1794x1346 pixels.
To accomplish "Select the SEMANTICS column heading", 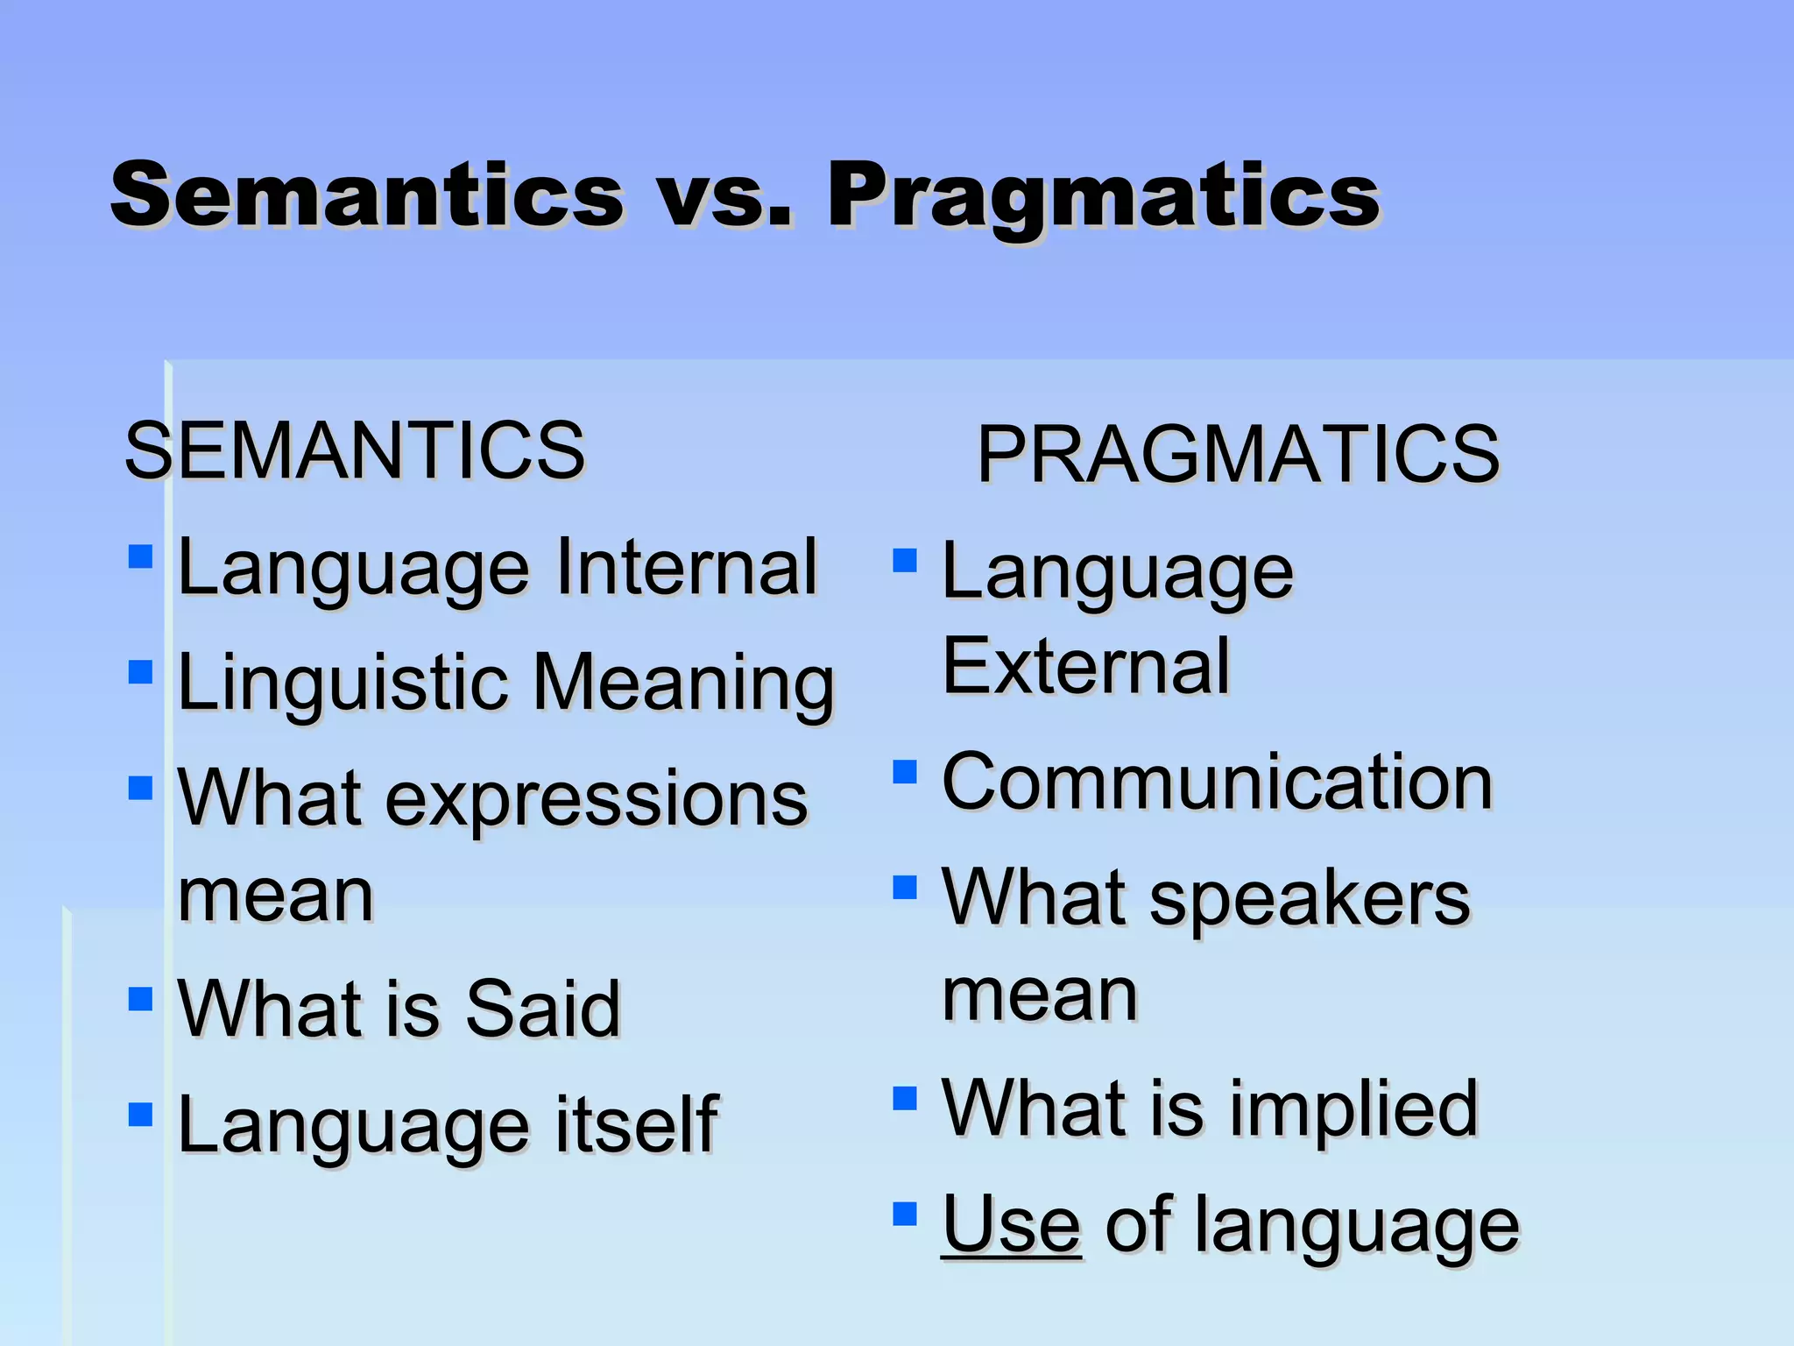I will coord(355,450).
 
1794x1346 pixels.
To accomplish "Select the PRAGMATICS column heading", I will coord(1238,454).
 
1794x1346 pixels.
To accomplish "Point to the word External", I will coord(1086,667).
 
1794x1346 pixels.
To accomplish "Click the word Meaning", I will coord(683,684).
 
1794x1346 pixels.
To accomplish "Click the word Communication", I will coord(1217,782).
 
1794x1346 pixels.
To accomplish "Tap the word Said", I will coord(542,1009).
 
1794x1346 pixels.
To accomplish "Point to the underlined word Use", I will coord(1011,1224).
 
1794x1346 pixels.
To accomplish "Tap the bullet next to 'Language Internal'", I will coord(140,557).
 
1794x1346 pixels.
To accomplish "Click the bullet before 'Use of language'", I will coord(904,1214).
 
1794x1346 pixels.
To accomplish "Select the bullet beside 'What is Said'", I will coord(140,1000).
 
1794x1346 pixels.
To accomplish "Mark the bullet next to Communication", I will coord(904,772).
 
